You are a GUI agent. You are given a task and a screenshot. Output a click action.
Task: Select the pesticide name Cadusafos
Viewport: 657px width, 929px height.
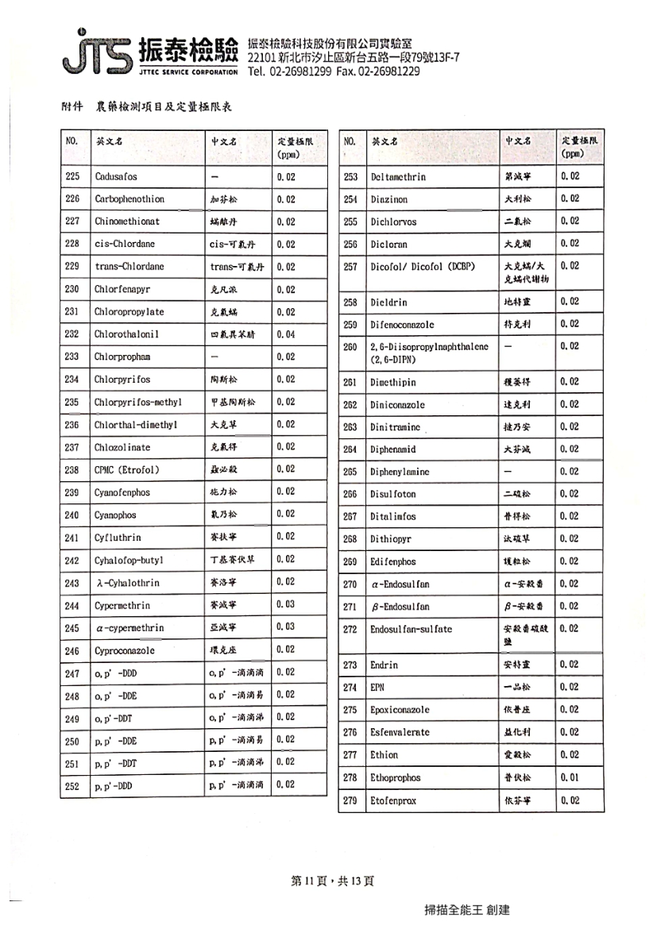click(x=116, y=177)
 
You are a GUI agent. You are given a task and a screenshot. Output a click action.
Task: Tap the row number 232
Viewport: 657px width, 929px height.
click(x=72, y=334)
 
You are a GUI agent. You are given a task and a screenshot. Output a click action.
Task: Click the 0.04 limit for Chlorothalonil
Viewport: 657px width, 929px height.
click(x=286, y=334)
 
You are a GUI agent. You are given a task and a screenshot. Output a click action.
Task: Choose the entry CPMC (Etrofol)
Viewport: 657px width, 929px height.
click(x=127, y=470)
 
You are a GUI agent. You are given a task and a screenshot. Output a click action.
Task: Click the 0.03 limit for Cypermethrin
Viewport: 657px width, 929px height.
click(x=286, y=605)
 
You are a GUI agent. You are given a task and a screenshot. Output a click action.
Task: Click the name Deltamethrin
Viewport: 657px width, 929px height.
click(x=399, y=177)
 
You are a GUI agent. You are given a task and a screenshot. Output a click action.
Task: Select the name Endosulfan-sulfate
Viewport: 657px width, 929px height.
click(x=411, y=629)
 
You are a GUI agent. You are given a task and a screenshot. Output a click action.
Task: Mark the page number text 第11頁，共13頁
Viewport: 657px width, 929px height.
click(x=332, y=881)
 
